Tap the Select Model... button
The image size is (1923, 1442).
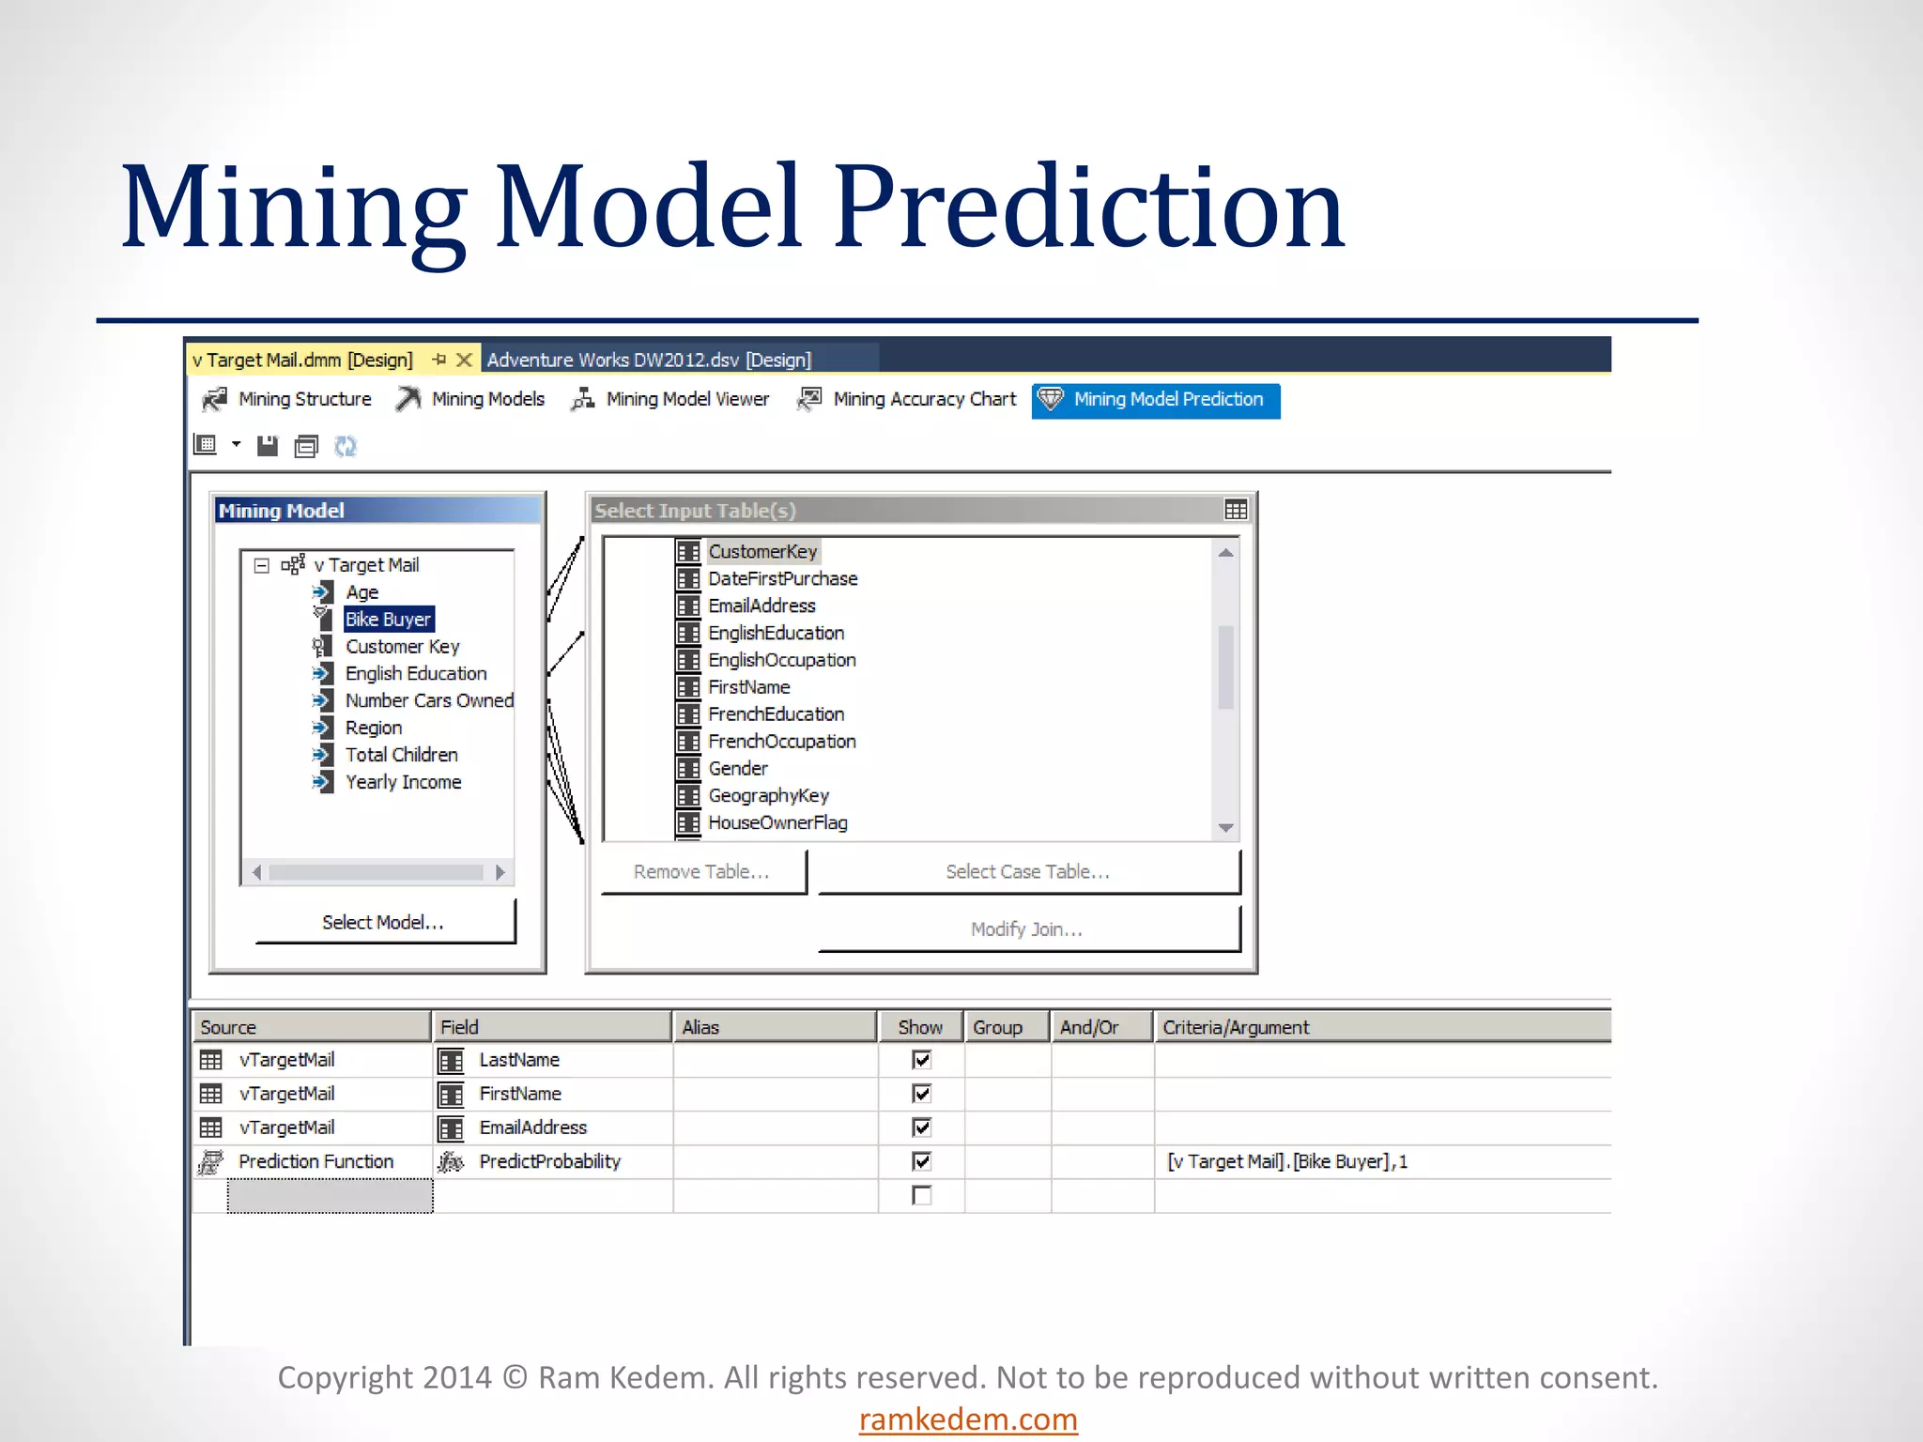pyautogui.click(x=383, y=922)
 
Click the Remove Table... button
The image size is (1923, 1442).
pyautogui.click(x=702, y=871)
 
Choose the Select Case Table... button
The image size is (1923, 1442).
pyautogui.click(x=1027, y=871)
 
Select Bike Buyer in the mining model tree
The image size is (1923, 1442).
pyautogui.click(x=388, y=620)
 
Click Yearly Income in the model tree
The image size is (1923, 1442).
pyautogui.click(x=403, y=782)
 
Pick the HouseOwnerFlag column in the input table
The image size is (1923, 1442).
pyautogui.click(x=777, y=823)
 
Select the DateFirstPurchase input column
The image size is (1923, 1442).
pyautogui.click(x=782, y=579)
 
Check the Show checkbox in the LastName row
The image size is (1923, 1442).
pyautogui.click(x=922, y=1060)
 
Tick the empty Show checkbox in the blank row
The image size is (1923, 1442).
pyautogui.click(x=922, y=1195)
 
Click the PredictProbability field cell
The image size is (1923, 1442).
pyautogui.click(x=549, y=1161)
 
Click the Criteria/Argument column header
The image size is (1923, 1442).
pyautogui.click(x=1236, y=1027)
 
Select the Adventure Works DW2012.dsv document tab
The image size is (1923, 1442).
pyautogui.click(x=649, y=360)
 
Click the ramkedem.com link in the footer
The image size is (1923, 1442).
pyautogui.click(x=968, y=1419)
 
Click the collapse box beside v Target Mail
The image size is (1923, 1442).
pyautogui.click(x=262, y=565)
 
